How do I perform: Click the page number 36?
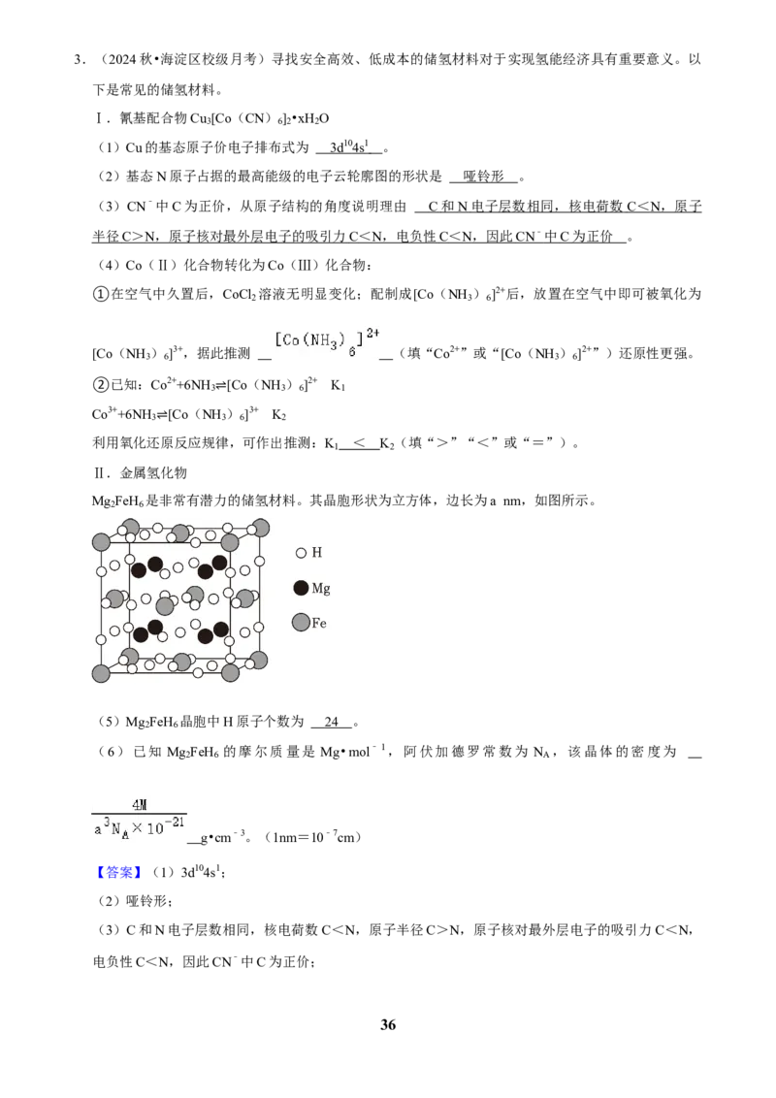click(x=388, y=1024)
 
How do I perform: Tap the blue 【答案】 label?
click(x=119, y=872)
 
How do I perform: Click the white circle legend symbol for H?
click(x=301, y=553)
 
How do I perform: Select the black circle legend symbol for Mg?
click(x=301, y=588)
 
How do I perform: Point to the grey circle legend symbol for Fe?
click(x=301, y=622)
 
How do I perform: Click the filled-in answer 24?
click(x=332, y=722)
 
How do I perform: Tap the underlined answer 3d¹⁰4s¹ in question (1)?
click(x=349, y=147)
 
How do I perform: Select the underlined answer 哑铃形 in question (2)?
click(x=483, y=177)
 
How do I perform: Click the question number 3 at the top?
click(x=78, y=59)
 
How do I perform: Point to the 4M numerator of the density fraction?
click(x=140, y=805)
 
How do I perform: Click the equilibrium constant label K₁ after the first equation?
click(x=339, y=385)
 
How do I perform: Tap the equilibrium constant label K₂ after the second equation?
click(x=278, y=414)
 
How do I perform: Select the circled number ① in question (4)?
click(x=101, y=294)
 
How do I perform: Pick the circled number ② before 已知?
click(x=101, y=385)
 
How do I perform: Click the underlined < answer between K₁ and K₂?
click(x=359, y=443)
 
